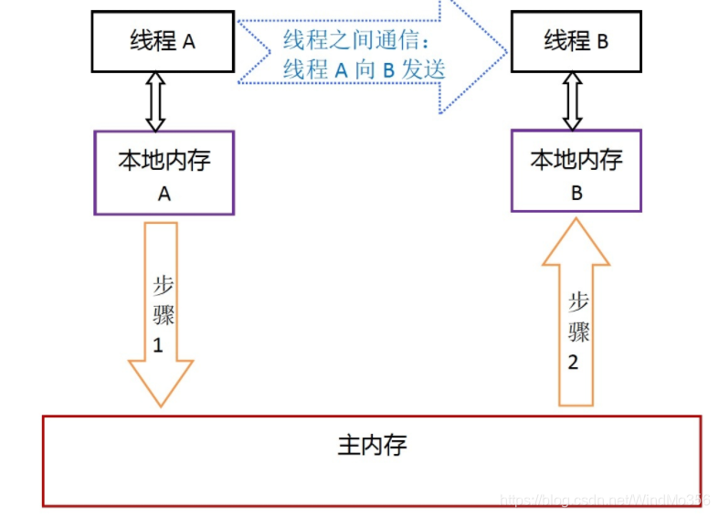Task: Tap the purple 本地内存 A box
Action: coord(164,173)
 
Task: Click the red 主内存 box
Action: coord(372,461)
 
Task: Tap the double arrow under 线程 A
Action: coord(155,101)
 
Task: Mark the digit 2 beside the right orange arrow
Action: coord(573,362)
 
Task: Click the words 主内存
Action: coord(372,446)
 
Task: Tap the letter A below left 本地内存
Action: coord(164,194)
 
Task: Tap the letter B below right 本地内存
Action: coord(576,193)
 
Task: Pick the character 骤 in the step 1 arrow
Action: coord(164,316)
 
